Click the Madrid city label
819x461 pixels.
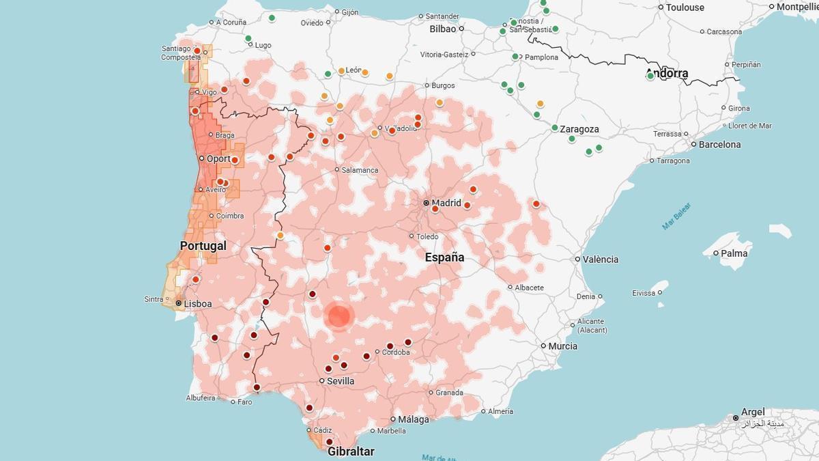pos(446,203)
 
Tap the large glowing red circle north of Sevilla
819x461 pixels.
pos(339,316)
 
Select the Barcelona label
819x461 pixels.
pos(719,144)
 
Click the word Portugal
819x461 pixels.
pos(203,245)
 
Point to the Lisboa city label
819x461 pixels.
pos(198,303)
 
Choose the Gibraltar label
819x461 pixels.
pos(351,451)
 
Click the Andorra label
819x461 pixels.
pos(667,73)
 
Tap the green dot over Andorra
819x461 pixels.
pos(650,76)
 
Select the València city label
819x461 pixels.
pos(601,259)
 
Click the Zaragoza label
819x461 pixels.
pos(580,128)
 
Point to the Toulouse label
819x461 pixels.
pos(685,8)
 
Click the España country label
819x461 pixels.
pos(444,257)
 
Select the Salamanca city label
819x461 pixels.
pos(360,169)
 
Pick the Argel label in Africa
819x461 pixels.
pos(753,412)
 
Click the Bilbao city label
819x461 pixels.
pos(442,29)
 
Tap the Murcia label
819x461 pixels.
pos(563,346)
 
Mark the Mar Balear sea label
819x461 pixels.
pos(676,216)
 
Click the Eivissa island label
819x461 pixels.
pos(644,292)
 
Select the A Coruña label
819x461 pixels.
pos(231,22)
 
